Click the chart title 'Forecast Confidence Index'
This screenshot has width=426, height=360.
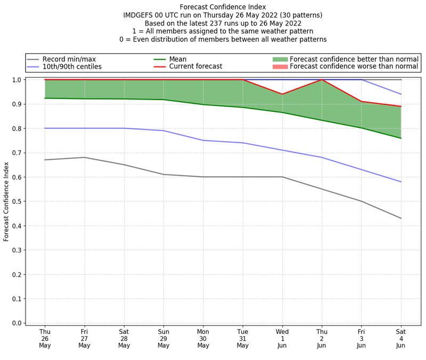pos(223,7)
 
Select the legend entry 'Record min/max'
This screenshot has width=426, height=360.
pos(69,59)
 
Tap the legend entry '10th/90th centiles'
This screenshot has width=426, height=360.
pos(72,67)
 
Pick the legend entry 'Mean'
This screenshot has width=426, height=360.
pos(178,59)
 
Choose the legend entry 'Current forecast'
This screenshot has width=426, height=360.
pos(195,67)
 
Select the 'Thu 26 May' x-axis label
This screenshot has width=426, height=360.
pos(45,338)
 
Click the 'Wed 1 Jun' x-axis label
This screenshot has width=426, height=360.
pos(282,338)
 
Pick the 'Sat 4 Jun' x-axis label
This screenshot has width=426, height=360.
pos(401,338)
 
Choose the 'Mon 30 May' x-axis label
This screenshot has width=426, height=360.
pos(203,338)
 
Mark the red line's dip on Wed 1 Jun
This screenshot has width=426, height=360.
pos(282,94)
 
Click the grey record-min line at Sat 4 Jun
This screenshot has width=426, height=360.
pos(401,218)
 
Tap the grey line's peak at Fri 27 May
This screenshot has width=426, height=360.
pos(84,157)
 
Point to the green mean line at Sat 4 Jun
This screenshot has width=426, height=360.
pos(401,138)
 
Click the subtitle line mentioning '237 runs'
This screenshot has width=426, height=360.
pos(223,23)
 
